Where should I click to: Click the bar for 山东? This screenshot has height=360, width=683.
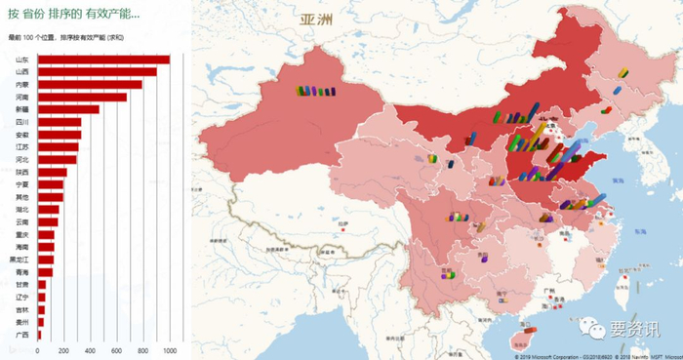102,60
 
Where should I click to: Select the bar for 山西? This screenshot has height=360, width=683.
97,71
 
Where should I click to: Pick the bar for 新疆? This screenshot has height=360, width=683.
68,109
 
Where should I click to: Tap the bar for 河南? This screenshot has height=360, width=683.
82,97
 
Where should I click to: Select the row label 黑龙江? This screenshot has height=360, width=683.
20,260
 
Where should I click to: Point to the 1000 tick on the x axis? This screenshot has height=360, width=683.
170,349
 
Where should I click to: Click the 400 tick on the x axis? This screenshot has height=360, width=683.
91,349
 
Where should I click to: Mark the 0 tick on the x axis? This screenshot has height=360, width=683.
38,349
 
